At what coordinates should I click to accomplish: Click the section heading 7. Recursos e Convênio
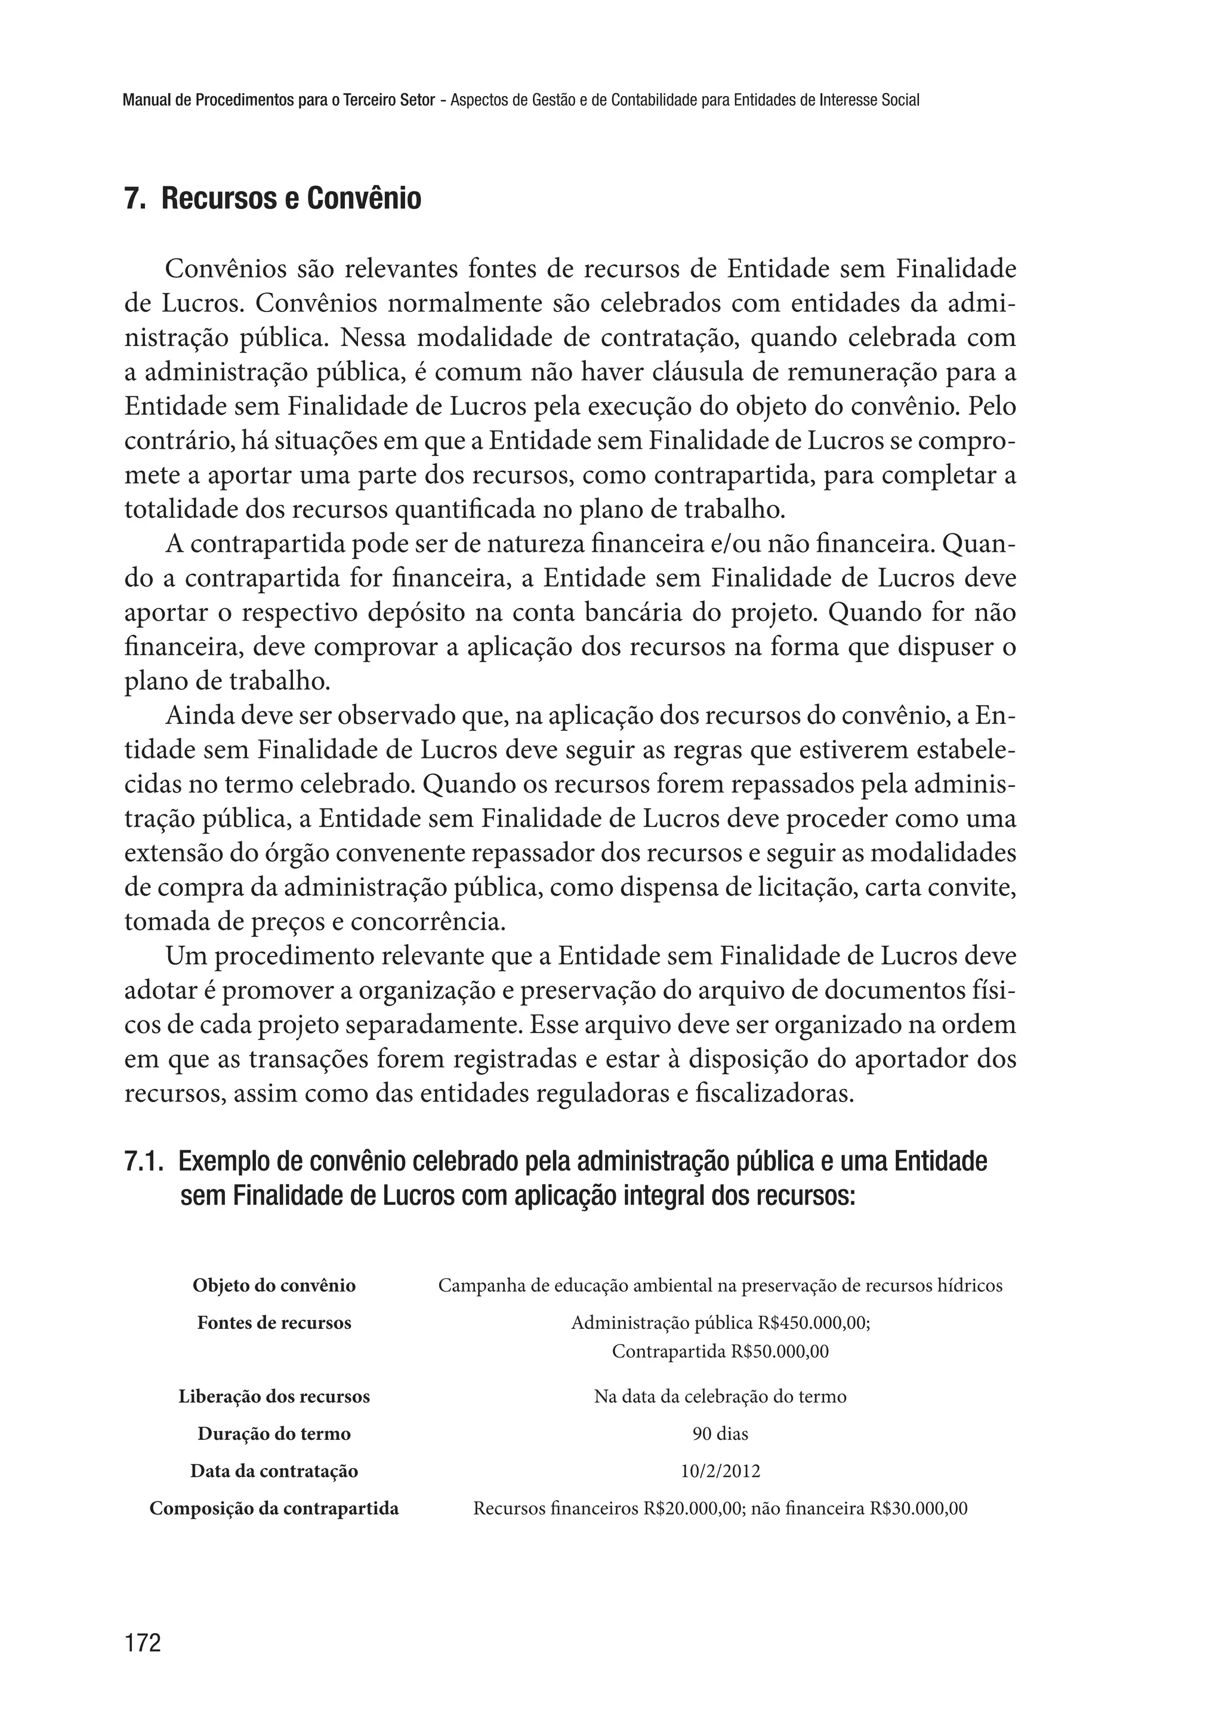pyautogui.click(x=273, y=199)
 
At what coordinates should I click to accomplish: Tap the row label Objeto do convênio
pyautogui.click(x=274, y=1285)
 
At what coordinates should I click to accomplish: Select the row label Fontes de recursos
pyautogui.click(x=274, y=1323)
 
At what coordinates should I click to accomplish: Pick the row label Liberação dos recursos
pyautogui.click(x=274, y=1397)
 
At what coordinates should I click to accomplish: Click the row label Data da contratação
pyautogui.click(x=274, y=1470)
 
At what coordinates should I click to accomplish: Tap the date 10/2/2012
pyautogui.click(x=720, y=1470)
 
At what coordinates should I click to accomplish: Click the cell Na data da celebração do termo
pyautogui.click(x=720, y=1397)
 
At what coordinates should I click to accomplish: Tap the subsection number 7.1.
pyautogui.click(x=144, y=1162)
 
